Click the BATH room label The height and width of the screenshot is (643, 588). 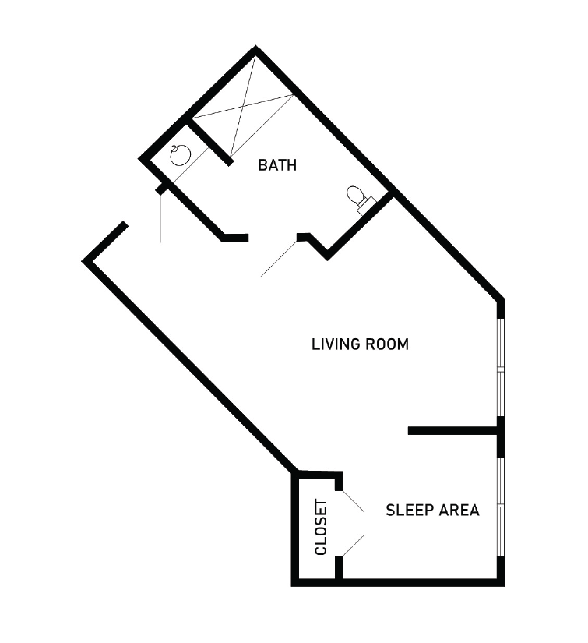277,165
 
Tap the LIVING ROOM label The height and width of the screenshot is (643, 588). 360,344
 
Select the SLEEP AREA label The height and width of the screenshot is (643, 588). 432,511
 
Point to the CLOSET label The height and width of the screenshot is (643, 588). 321,527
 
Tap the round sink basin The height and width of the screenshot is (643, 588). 180,155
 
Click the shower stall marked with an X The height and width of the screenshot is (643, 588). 243,106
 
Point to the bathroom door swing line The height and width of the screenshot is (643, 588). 279,258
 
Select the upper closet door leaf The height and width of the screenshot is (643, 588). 354,500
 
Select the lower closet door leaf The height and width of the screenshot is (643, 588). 354,546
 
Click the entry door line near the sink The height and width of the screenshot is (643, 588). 160,217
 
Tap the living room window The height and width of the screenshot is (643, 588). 500,367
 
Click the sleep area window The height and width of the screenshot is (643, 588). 500,507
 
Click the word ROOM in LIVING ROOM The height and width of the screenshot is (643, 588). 387,344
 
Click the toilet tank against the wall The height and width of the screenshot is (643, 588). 366,207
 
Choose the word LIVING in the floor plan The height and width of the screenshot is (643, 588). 336,344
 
